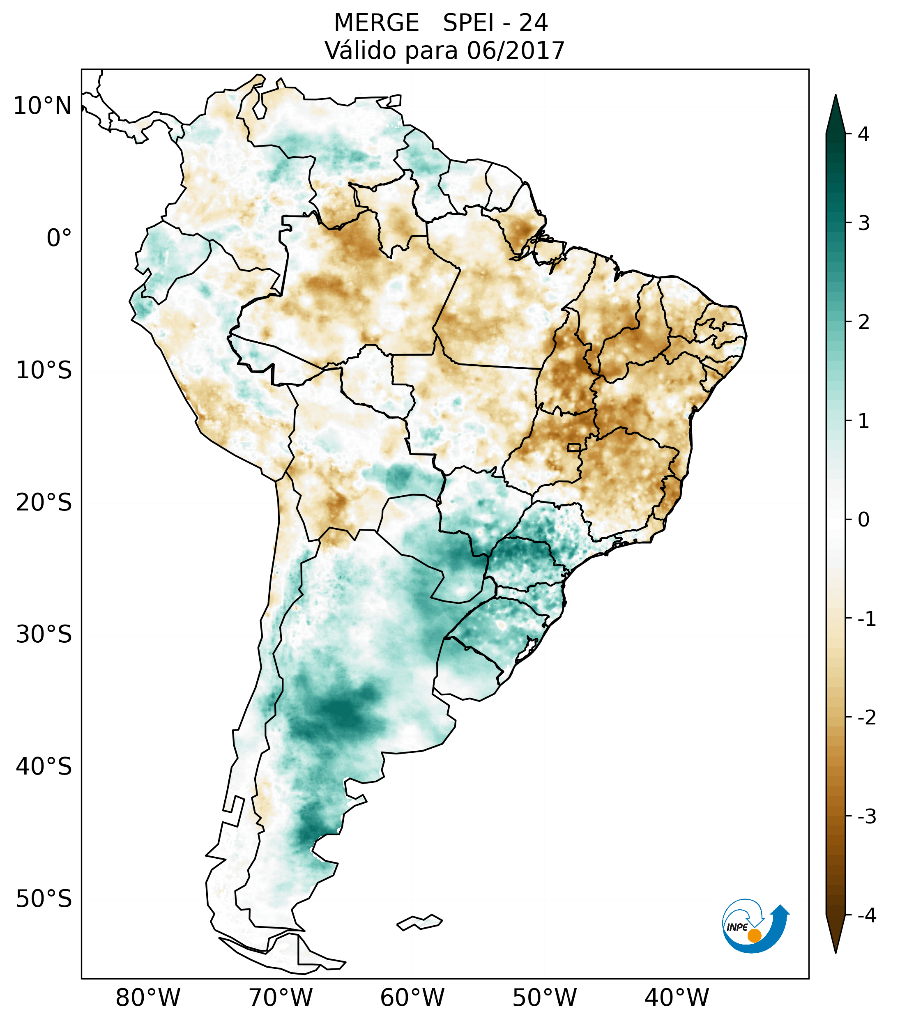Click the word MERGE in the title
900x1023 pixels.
click(376, 23)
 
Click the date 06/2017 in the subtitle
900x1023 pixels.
click(515, 51)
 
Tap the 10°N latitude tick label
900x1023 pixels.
click(43, 106)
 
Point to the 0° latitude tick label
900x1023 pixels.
click(59, 238)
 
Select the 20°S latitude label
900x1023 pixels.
click(44, 503)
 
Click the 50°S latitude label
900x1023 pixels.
click(44, 899)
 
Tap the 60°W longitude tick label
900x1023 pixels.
click(412, 998)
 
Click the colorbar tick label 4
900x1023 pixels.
click(863, 134)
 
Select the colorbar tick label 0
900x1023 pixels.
click(863, 520)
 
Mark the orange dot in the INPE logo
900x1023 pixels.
click(754, 936)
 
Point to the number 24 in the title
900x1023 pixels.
click(533, 23)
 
